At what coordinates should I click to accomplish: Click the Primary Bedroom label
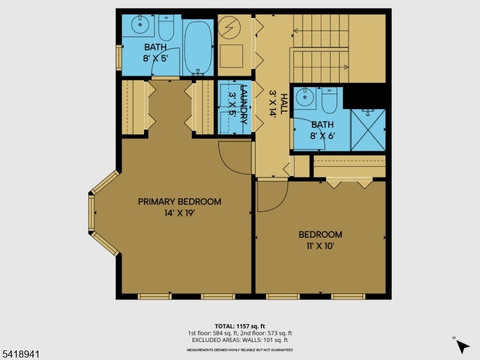tap(179, 202)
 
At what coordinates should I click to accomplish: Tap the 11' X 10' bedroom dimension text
tap(320, 246)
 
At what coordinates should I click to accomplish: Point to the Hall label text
tap(284, 104)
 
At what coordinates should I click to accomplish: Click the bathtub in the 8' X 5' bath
tap(198, 47)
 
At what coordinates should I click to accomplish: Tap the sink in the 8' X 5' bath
tap(140, 24)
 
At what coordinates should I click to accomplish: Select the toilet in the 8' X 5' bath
tap(166, 28)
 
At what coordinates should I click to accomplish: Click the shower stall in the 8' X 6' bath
tap(368, 130)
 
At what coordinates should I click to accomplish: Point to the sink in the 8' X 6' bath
tap(305, 97)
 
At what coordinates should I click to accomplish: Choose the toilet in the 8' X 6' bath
tap(329, 100)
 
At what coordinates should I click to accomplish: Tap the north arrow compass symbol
tap(461, 346)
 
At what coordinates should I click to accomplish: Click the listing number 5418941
tap(20, 354)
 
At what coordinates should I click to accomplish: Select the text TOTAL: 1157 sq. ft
tap(239, 326)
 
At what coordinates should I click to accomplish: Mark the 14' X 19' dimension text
tap(179, 213)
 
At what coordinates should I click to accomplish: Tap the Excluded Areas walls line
tap(240, 340)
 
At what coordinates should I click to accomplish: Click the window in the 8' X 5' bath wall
tap(119, 58)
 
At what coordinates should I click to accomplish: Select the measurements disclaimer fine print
tap(240, 350)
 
